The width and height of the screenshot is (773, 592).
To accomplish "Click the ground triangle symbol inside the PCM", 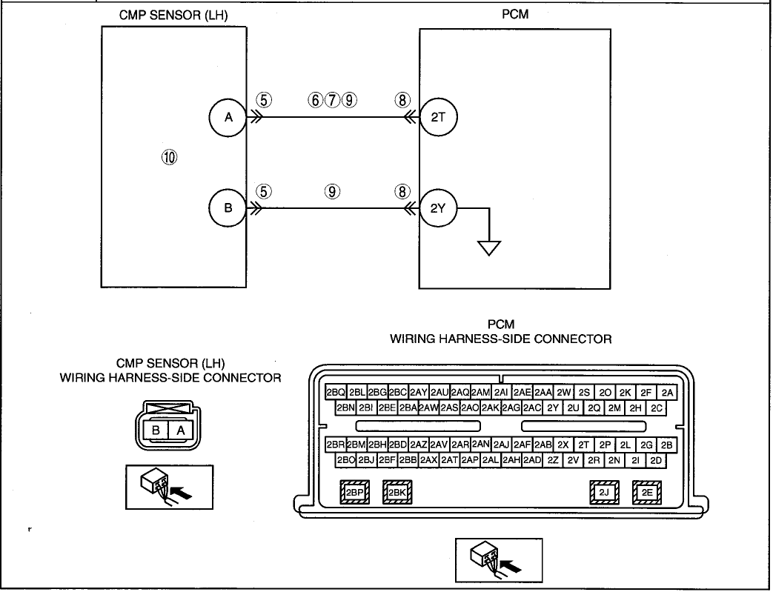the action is tap(489, 248).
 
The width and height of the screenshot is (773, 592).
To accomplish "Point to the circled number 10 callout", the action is tap(169, 157).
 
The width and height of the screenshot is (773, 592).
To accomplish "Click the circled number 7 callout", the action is tap(332, 100).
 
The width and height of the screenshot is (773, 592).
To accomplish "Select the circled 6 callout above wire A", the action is tap(316, 100).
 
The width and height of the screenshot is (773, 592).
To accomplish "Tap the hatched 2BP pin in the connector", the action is tap(354, 492).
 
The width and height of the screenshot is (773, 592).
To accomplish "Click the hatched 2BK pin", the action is tap(397, 492).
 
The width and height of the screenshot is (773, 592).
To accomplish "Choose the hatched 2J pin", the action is tap(604, 492).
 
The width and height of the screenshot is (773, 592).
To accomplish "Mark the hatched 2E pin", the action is tap(647, 492).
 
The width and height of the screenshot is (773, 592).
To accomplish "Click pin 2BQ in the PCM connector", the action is tap(336, 393).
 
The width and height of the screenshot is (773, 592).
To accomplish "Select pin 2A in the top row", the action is tap(667, 393).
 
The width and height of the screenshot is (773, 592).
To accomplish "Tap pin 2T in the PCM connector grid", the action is tap(584, 445).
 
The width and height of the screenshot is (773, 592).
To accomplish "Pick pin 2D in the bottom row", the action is tap(656, 460).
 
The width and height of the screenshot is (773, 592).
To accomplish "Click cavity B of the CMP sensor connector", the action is tap(156, 430).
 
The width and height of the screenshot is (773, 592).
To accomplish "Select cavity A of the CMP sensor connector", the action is tap(181, 430).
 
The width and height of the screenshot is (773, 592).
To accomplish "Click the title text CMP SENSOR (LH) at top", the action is tap(173, 16).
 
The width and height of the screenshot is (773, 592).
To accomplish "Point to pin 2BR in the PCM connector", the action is tap(336, 445).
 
